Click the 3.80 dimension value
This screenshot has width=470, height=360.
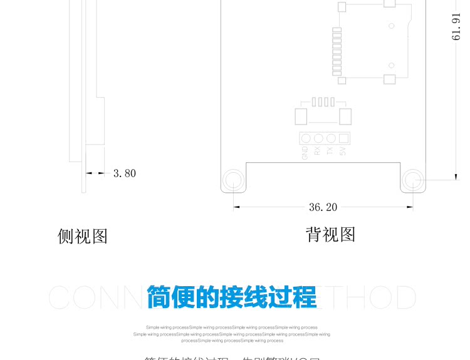click(x=124, y=173)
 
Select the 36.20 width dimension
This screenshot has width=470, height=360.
click(x=323, y=207)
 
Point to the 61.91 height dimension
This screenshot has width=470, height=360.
click(x=457, y=26)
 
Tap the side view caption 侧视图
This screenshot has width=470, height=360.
click(x=83, y=236)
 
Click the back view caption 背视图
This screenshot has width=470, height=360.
click(x=330, y=234)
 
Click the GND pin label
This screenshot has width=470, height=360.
click(x=305, y=153)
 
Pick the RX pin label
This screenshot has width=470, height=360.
click(x=318, y=151)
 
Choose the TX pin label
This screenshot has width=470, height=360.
click(x=330, y=151)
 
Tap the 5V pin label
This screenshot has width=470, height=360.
click(x=343, y=151)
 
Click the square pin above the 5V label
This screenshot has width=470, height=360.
click(x=343, y=138)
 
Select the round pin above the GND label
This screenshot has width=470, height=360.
click(x=305, y=138)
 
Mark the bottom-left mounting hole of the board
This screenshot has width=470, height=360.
click(x=233, y=180)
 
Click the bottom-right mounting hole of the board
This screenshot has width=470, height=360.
click(x=412, y=180)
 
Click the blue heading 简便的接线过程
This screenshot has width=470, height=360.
click(x=232, y=297)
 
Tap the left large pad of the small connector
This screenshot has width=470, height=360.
click(x=301, y=116)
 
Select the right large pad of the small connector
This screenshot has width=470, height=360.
click(x=345, y=116)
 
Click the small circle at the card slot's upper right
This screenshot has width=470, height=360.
click(x=391, y=26)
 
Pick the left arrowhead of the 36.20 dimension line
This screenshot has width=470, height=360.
click(x=236, y=207)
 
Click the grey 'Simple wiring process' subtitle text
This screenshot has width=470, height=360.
click(x=232, y=334)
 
